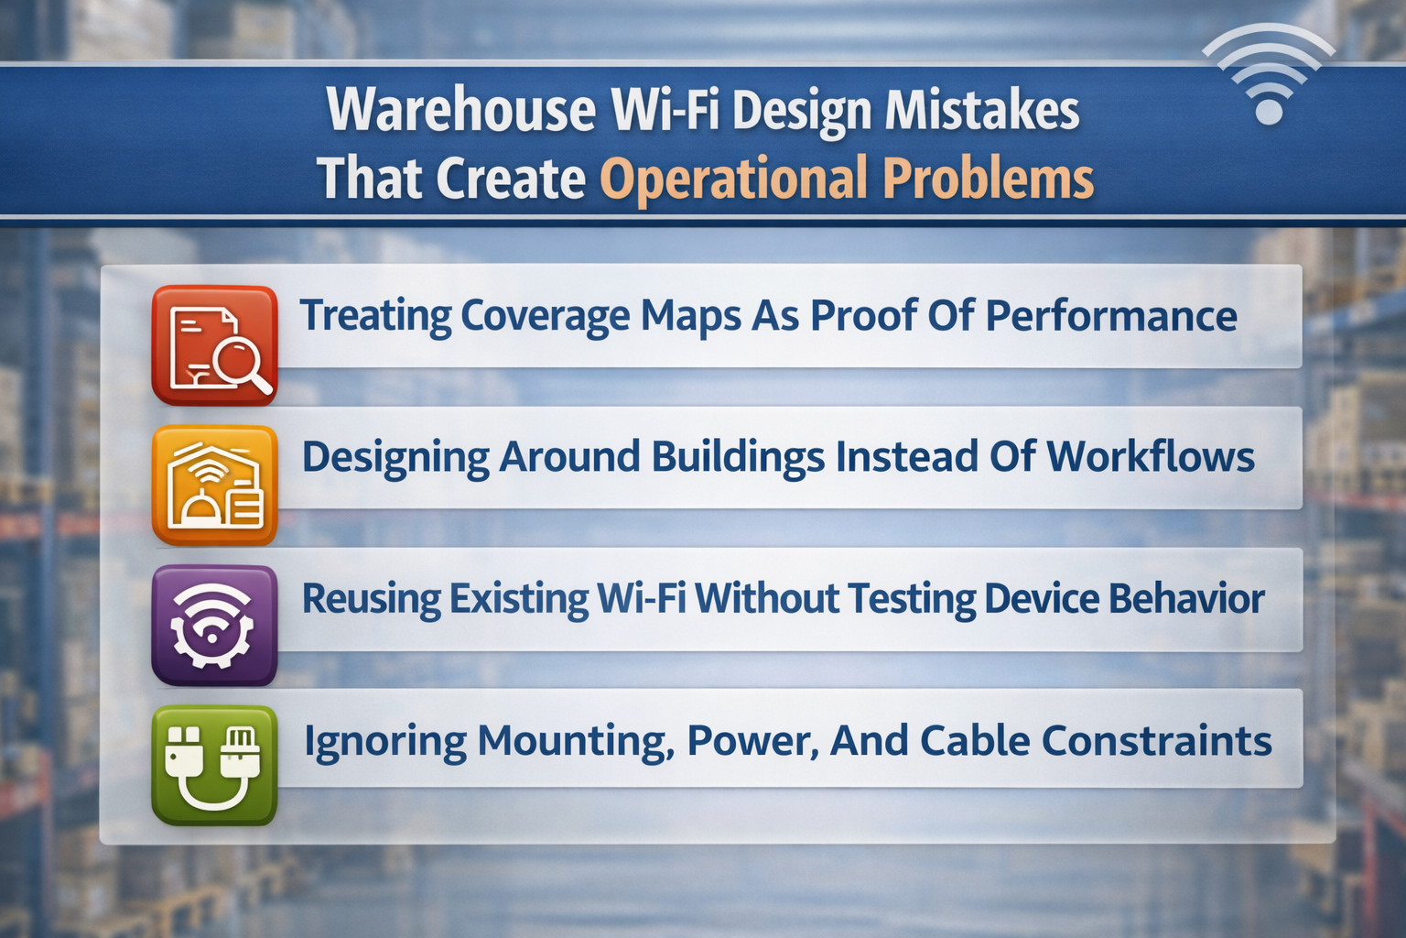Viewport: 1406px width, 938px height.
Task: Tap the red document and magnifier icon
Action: pyautogui.click(x=215, y=345)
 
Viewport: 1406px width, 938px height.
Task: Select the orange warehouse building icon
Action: pyautogui.click(x=215, y=485)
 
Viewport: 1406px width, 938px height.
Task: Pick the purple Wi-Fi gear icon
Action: pyautogui.click(x=215, y=626)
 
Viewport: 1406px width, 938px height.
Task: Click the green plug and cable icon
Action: pyautogui.click(x=215, y=766)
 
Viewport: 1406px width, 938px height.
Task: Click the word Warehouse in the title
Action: pyautogui.click(x=461, y=110)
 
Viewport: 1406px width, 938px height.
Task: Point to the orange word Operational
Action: pyautogui.click(x=733, y=179)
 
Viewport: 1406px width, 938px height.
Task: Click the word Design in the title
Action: pyautogui.click(x=802, y=110)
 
